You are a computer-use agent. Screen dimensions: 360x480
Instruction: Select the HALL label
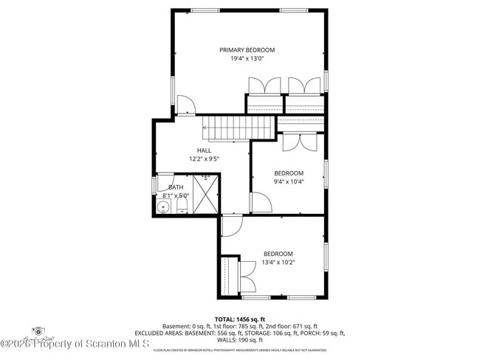tap(204, 150)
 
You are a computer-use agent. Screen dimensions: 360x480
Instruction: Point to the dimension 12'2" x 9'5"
tap(204, 158)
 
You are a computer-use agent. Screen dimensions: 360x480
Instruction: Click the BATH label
tap(176, 187)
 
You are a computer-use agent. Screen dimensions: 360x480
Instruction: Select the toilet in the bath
tap(182, 207)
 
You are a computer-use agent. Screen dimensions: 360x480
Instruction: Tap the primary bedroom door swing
tap(185, 105)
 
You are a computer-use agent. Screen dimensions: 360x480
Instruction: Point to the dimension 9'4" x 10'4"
tap(289, 181)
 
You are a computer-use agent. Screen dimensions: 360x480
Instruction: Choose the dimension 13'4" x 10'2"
tap(278, 262)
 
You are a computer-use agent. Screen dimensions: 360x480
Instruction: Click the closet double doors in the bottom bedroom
tap(248, 277)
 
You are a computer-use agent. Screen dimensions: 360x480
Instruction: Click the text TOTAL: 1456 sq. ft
tap(240, 319)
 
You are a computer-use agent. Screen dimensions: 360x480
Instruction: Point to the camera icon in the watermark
tap(38, 333)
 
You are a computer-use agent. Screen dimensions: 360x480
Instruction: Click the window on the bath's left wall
tap(154, 184)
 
